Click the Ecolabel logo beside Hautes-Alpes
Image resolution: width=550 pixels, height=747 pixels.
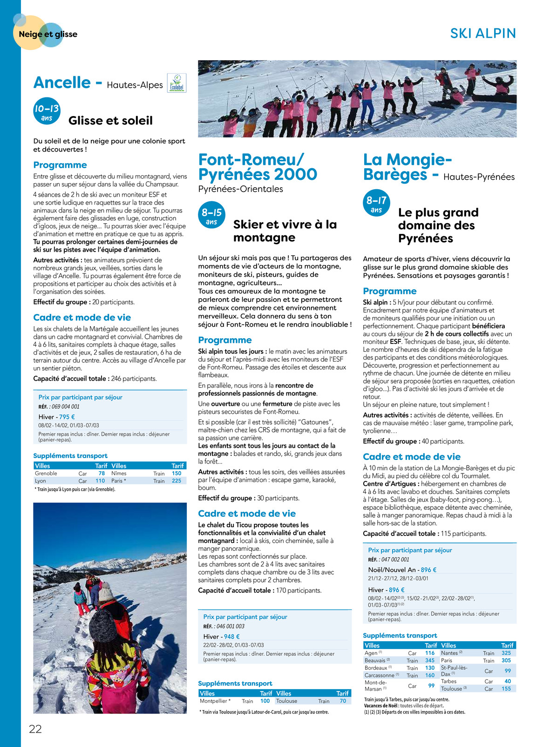pos(177,83)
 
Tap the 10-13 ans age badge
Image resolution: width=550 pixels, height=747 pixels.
pos(47,112)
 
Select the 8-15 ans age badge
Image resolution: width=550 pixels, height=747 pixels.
pos(211,215)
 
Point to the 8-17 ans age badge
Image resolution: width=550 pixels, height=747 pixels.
pos(376,204)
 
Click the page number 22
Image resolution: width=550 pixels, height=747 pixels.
pos(35,729)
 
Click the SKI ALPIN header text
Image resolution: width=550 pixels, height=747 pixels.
pos(483,34)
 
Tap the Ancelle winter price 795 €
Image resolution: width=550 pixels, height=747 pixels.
pos(67,417)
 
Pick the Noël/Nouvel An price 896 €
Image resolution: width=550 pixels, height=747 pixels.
pos(428,569)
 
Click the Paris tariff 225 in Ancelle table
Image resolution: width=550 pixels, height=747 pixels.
pos(177,480)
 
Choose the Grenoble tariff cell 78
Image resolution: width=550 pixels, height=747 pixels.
pos(102,473)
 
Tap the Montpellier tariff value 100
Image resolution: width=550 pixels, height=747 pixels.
pos(265,701)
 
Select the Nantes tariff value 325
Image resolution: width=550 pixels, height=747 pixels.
pos(506,653)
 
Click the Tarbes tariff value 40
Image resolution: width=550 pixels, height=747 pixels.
pos(508,681)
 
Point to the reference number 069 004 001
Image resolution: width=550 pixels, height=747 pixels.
pos(65,406)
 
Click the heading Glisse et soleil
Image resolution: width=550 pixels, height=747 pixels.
pos(110,121)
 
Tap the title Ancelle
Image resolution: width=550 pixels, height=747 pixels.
pos(62,82)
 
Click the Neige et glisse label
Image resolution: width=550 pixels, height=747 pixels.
pos(48,34)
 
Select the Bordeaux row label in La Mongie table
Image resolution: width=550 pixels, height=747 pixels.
pos(376,668)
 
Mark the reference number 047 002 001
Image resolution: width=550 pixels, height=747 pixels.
pos(395,559)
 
